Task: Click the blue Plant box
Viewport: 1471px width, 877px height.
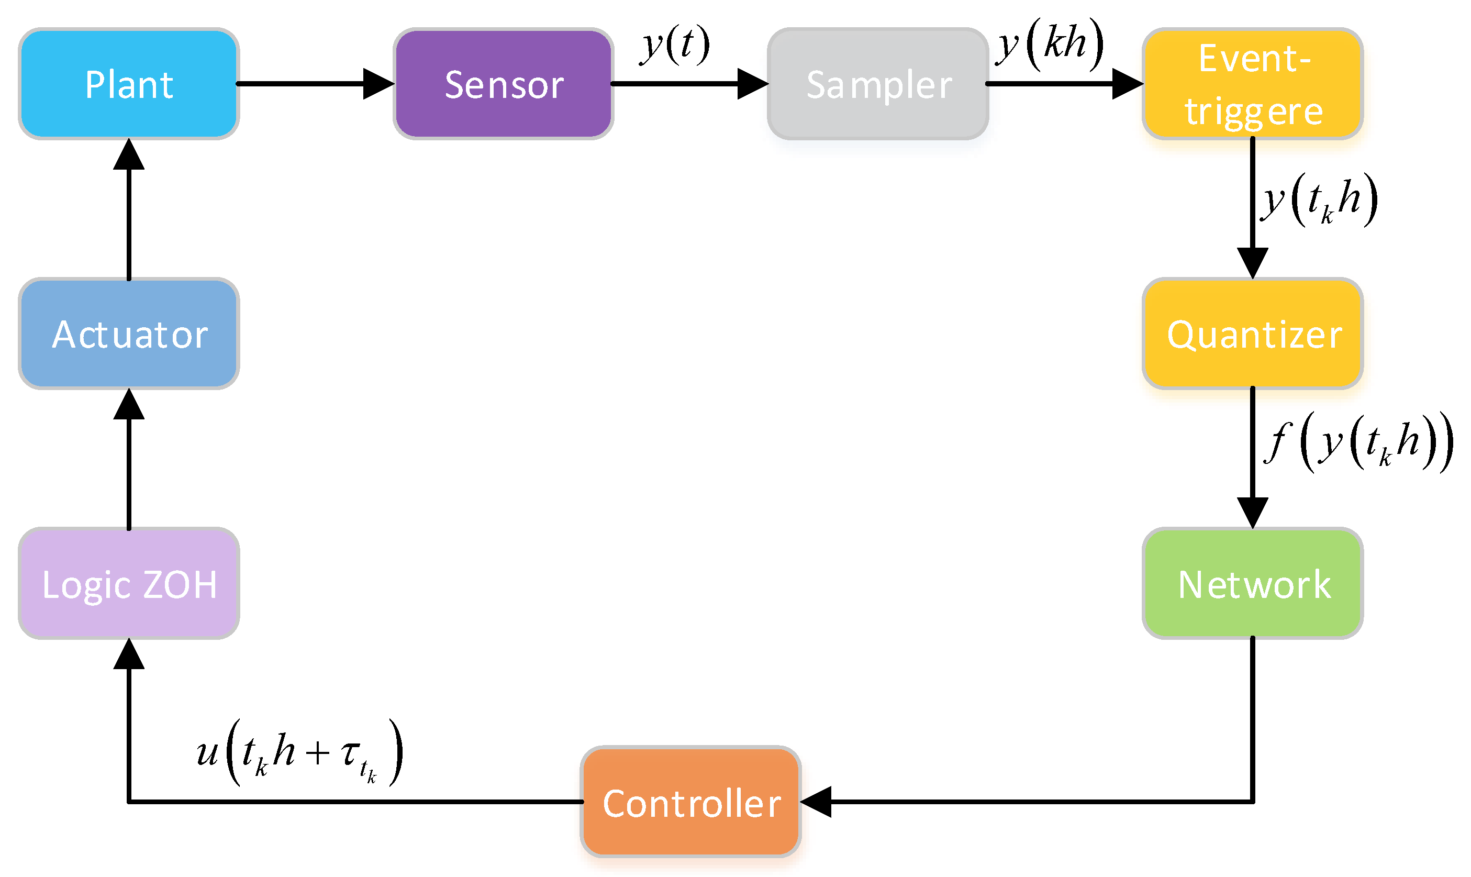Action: click(x=129, y=84)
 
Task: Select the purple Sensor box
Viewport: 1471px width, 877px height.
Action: click(x=503, y=84)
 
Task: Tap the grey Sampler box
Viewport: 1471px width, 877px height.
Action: click(x=878, y=84)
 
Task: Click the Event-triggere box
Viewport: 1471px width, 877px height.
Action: click(x=1252, y=84)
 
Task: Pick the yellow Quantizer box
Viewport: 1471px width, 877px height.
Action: click(x=1252, y=334)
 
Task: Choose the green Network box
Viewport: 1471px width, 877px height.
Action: click(x=1252, y=584)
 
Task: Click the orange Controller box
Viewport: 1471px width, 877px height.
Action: click(x=690, y=802)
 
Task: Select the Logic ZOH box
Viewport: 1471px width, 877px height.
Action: click(x=129, y=584)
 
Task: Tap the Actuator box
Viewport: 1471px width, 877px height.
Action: click(x=129, y=334)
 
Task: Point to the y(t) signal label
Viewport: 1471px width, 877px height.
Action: click(x=675, y=46)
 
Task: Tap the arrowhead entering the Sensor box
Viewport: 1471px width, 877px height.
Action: click(x=378, y=84)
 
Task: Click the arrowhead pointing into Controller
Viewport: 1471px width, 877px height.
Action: click(x=817, y=802)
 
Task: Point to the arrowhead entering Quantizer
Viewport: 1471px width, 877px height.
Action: click(x=1252, y=263)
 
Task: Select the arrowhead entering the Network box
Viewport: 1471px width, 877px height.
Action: click(x=1252, y=513)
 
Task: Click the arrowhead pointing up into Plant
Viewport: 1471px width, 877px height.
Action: click(x=129, y=155)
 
